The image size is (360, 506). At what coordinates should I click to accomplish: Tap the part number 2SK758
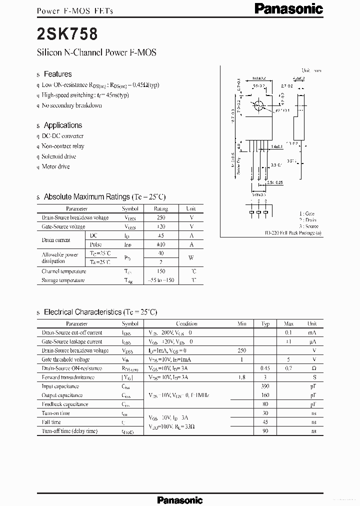pyautogui.click(x=67, y=34)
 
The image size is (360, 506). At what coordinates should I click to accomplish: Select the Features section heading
pyautogui.click(x=57, y=74)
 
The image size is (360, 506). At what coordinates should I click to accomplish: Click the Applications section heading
pyautogui.click(x=62, y=125)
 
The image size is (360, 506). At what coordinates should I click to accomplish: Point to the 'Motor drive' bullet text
pyautogui.click(x=55, y=166)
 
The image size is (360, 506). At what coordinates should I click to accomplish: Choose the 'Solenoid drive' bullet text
pyautogui.click(x=58, y=156)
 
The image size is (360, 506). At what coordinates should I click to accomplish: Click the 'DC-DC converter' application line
pyautogui.click(x=62, y=136)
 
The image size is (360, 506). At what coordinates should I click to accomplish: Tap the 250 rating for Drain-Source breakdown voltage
pyautogui.click(x=160, y=217)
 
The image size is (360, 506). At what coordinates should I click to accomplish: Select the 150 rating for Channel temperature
pyautogui.click(x=160, y=271)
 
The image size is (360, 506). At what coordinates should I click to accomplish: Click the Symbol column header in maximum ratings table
pyautogui.click(x=130, y=208)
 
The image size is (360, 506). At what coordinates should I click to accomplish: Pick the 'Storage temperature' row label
pyautogui.click(x=63, y=280)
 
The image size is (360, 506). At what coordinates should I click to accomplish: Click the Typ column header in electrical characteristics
pyautogui.click(x=265, y=323)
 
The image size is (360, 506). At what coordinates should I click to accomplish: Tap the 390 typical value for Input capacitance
pyautogui.click(x=265, y=386)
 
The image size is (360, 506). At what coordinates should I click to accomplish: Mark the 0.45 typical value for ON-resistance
pyautogui.click(x=265, y=368)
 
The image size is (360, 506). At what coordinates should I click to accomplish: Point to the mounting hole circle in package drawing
pyautogui.click(x=259, y=106)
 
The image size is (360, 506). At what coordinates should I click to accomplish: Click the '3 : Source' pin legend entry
pyautogui.click(x=308, y=226)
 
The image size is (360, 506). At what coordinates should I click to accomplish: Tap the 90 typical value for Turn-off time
pyautogui.click(x=265, y=431)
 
